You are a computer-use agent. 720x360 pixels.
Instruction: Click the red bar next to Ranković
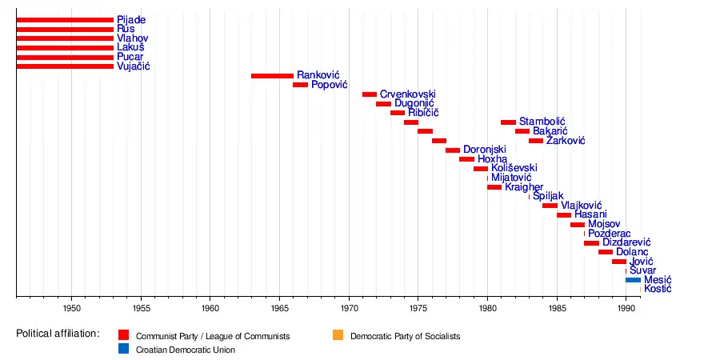click(x=272, y=76)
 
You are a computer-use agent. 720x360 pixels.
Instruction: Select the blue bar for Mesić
click(x=633, y=280)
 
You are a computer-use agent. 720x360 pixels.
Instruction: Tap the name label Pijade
click(x=131, y=19)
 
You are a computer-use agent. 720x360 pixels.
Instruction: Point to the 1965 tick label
click(x=280, y=307)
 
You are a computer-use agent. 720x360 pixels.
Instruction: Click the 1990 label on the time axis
click(x=627, y=307)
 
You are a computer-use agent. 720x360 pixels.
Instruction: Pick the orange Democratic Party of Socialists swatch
click(x=339, y=336)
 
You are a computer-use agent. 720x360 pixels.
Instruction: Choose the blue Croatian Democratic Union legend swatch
click(x=123, y=350)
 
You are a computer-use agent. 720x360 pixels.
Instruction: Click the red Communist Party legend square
click(x=123, y=336)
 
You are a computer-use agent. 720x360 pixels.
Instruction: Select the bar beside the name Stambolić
click(x=508, y=122)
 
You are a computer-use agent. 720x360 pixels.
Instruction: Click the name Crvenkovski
click(x=409, y=94)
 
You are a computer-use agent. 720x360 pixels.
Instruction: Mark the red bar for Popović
click(x=300, y=85)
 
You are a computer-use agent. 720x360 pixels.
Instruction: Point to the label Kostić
click(x=658, y=289)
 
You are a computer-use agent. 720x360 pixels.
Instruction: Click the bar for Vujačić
click(x=65, y=66)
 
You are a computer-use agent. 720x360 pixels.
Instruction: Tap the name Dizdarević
click(x=626, y=242)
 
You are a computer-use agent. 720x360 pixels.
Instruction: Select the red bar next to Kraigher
click(x=494, y=187)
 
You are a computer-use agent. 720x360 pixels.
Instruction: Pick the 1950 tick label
click(x=71, y=307)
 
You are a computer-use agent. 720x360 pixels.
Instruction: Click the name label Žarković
click(x=566, y=141)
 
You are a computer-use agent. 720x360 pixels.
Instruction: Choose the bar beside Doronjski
click(x=453, y=150)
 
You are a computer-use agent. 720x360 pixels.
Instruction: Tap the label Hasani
click(x=590, y=214)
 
